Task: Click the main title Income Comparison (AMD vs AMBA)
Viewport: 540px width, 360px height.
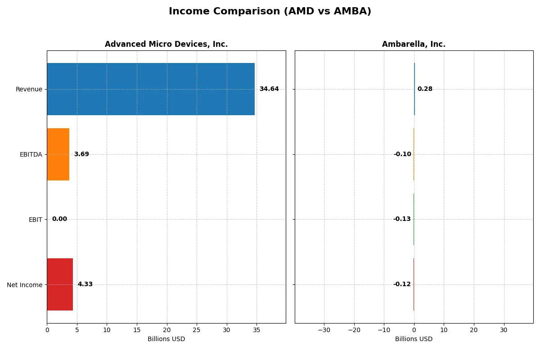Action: (x=270, y=11)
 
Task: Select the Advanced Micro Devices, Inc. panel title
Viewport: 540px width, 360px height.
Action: (x=166, y=44)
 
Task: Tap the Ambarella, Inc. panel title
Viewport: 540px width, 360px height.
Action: (x=414, y=44)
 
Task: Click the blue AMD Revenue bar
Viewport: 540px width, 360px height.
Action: (x=151, y=89)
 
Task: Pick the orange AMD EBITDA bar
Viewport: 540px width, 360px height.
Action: (x=58, y=154)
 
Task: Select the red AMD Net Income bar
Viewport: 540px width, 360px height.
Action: (x=60, y=284)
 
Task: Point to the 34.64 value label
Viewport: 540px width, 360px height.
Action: (x=269, y=89)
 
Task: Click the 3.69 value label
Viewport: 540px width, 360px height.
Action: (x=81, y=154)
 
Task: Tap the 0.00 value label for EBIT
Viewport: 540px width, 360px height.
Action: (x=59, y=219)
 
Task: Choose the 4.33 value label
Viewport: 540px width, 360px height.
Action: (x=85, y=284)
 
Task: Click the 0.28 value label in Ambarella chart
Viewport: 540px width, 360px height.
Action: (x=425, y=89)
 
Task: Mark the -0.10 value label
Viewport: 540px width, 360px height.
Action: (x=402, y=154)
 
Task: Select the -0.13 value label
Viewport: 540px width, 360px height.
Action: (x=402, y=219)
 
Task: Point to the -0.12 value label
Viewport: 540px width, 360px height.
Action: (x=402, y=284)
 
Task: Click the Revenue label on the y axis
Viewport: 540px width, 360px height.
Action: (x=29, y=89)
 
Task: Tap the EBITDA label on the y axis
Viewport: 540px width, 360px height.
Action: (x=31, y=154)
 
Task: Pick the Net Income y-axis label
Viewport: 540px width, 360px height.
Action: (x=25, y=284)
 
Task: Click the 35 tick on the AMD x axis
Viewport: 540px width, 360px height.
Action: (x=256, y=330)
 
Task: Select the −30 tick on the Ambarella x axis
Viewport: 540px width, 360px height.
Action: (x=324, y=330)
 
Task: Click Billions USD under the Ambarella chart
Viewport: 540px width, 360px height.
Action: (x=414, y=339)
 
